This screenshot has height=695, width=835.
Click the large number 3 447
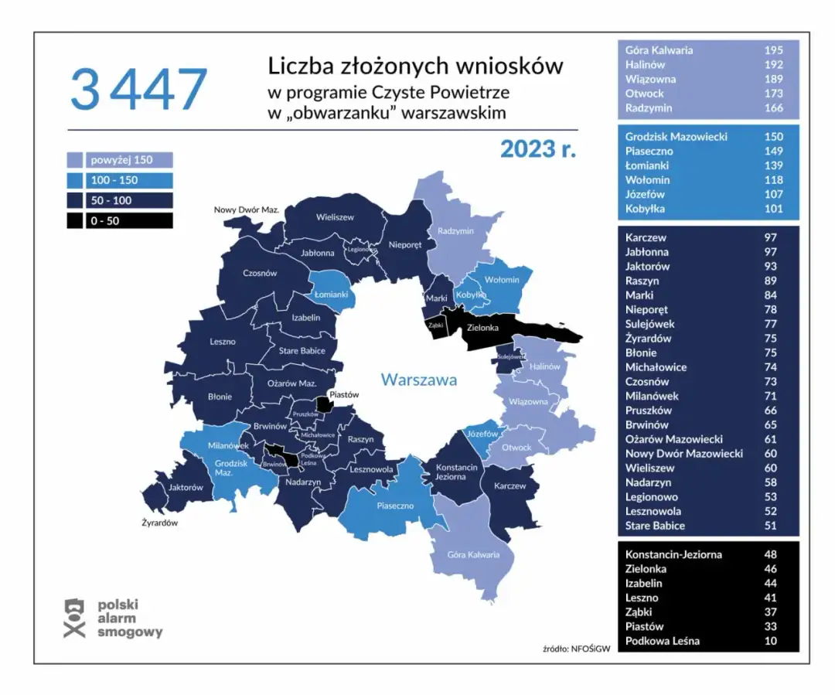click(138, 89)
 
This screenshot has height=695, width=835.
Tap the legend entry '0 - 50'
click(119, 220)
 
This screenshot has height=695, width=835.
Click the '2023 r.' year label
click(538, 148)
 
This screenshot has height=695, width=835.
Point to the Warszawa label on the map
click(418, 380)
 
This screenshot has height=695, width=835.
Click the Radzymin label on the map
click(455, 231)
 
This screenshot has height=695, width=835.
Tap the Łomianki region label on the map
click(332, 295)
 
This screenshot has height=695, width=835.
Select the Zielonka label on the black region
click(484, 328)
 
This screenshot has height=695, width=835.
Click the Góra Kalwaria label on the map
click(473, 554)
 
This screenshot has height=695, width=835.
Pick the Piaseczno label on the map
click(395, 506)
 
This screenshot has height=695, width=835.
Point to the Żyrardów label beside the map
click(160, 523)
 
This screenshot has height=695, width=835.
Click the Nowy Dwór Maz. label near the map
click(246, 210)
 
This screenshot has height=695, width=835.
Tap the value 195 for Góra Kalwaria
click(773, 50)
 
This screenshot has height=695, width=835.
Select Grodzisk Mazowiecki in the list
click(676, 137)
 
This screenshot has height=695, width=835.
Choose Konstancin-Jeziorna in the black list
click(673, 554)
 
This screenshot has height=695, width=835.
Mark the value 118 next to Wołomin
click(773, 180)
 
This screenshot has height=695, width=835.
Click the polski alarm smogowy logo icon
click(73, 618)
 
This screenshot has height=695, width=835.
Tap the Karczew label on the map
click(510, 486)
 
